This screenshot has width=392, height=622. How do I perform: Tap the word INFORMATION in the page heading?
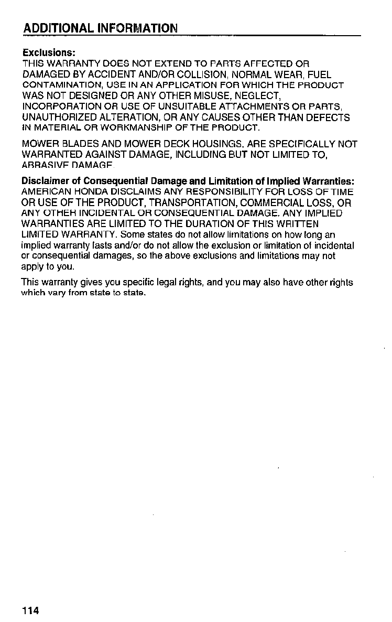pyautogui.click(x=138, y=27)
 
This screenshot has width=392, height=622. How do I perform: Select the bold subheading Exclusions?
pyautogui.click(x=49, y=53)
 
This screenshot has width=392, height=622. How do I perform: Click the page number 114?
pyautogui.click(x=30, y=610)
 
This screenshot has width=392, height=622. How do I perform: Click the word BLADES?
pyautogui.click(x=77, y=144)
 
